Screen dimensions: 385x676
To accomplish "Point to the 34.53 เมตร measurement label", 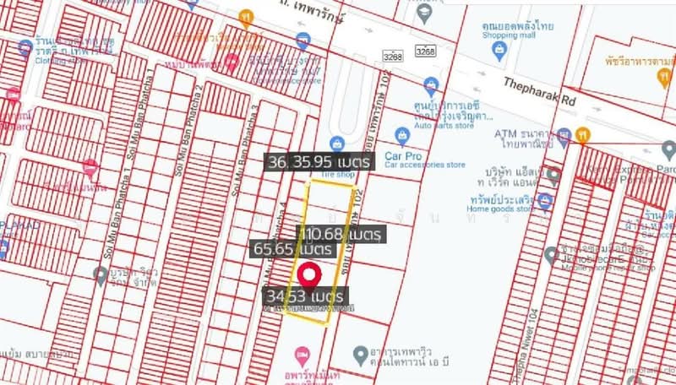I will point(304,297).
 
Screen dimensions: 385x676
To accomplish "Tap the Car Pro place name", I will point(402,155).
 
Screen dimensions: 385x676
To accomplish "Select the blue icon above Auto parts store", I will point(432,84).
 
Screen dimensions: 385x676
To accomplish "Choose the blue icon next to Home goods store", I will point(546,202).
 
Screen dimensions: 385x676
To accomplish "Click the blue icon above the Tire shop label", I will point(337,144).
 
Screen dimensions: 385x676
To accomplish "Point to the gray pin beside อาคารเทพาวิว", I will point(360,353).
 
